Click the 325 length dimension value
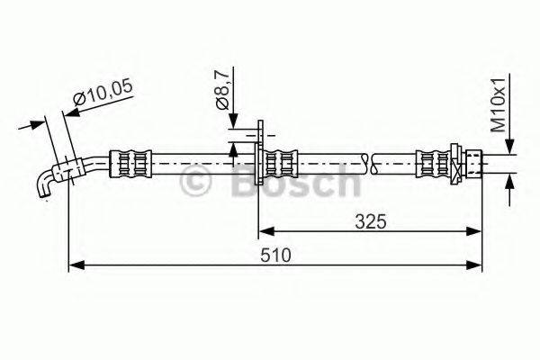click(x=369, y=220)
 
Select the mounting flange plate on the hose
click(x=259, y=162)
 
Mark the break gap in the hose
click(x=369, y=164)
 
